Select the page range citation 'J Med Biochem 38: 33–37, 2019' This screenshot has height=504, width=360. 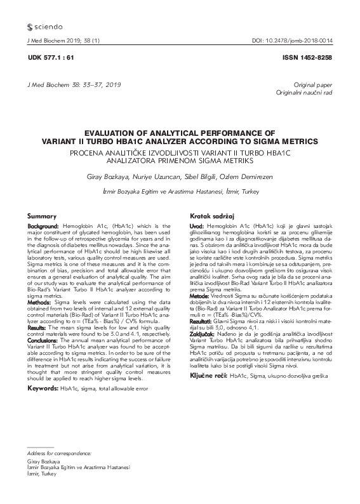point(70,84)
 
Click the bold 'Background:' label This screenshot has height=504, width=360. point(44,226)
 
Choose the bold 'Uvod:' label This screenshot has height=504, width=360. point(197,226)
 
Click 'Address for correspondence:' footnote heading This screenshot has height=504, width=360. point(60,454)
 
